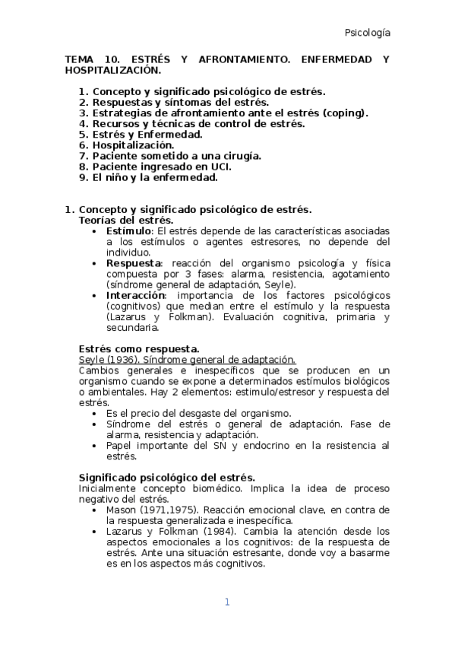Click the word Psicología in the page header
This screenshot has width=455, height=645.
[x=368, y=33]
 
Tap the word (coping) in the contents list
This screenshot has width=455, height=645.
[x=344, y=113]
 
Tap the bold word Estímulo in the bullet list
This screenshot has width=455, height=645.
[x=129, y=230]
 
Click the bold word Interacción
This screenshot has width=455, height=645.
[x=136, y=295]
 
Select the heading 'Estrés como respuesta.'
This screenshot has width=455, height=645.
[x=139, y=349]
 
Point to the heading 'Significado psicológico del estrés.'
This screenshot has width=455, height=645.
[x=166, y=477]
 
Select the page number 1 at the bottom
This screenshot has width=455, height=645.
[x=226, y=602]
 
